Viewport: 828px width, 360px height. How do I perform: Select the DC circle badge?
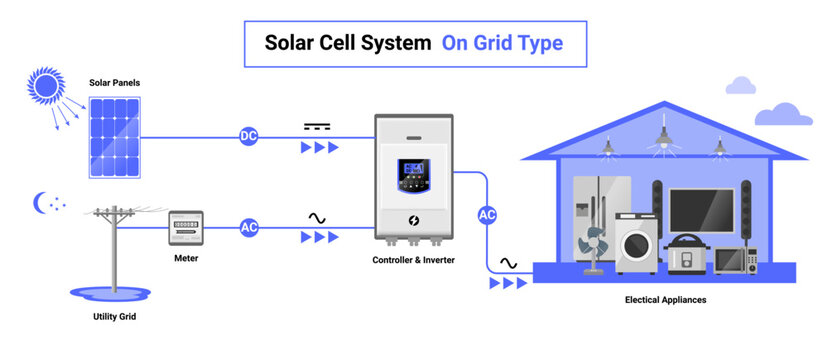coord(248,136)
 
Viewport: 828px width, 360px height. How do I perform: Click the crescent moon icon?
coord(42,203)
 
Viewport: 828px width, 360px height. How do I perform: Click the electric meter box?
coord(185,227)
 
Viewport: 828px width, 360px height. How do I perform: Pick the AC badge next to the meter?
coord(248,228)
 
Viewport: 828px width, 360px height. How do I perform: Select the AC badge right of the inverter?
coord(487,214)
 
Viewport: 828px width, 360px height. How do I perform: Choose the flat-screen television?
coord(701,210)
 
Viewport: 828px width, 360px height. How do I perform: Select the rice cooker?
coord(686,254)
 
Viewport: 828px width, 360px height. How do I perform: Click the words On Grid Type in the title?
coord(502,43)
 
